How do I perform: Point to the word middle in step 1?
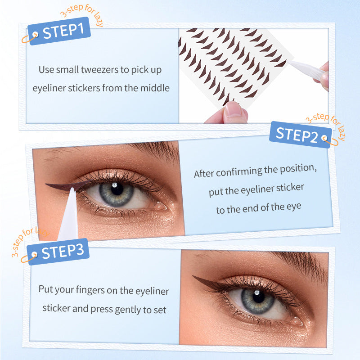[155, 88]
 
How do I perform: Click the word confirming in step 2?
[241, 171]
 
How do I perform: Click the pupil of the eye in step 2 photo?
[117, 189]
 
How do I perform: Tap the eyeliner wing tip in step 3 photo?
[194, 277]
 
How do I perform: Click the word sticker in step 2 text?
[289, 188]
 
